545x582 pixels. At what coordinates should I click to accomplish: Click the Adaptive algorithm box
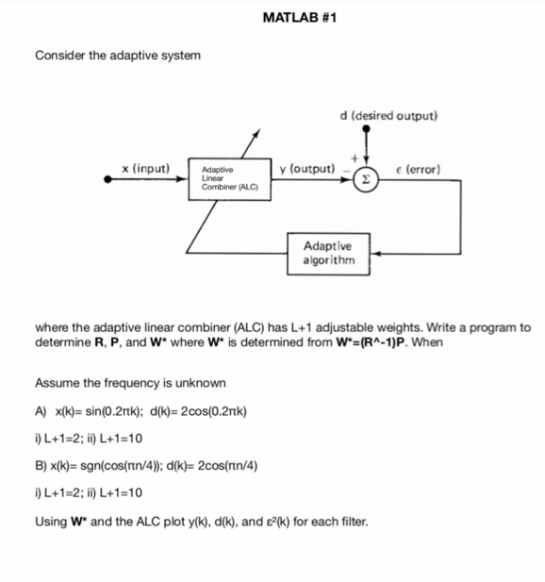pyautogui.click(x=329, y=253)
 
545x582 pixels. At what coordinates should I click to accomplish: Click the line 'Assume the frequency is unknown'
pyautogui.click(x=130, y=383)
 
